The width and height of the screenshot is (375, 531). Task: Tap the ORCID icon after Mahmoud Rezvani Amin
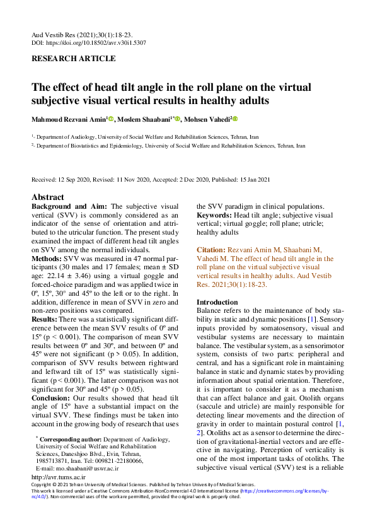coord(110,119)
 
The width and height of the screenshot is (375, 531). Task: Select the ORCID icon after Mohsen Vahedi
coord(236,119)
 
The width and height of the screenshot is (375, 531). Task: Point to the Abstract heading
coord(48,196)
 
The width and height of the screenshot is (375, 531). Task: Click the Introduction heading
coord(217,302)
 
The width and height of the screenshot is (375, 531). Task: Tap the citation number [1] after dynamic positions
coord(311,321)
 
